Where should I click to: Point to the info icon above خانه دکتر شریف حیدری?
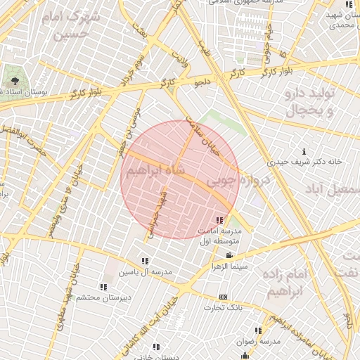coord(304,151)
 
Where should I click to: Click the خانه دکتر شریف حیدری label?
coord(309,161)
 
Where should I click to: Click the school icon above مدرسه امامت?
coord(222,221)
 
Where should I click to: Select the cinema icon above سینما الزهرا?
coord(229,255)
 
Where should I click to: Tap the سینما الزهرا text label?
coord(229,266)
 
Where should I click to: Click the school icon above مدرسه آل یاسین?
coord(145,262)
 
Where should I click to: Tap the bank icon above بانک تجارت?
coord(224,297)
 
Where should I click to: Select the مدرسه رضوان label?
coord(259,341)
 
